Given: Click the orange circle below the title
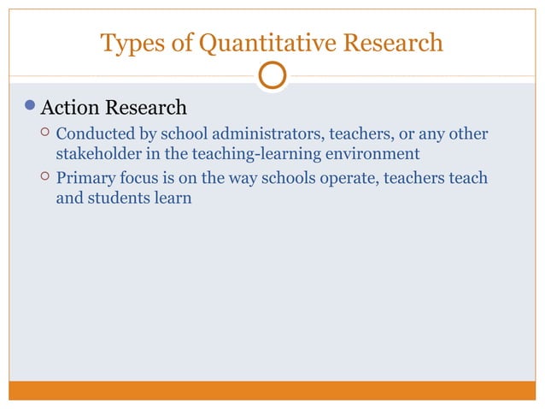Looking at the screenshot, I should click(x=272, y=76).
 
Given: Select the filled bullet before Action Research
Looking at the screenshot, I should click(x=30, y=109).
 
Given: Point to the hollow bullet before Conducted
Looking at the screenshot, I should click(x=34, y=134).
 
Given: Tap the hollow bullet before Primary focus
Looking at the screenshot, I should click(x=34, y=178).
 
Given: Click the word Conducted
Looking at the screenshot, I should click(x=91, y=134).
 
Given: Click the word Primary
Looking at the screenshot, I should click(x=84, y=178).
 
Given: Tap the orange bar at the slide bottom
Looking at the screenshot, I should click(x=272, y=390).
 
